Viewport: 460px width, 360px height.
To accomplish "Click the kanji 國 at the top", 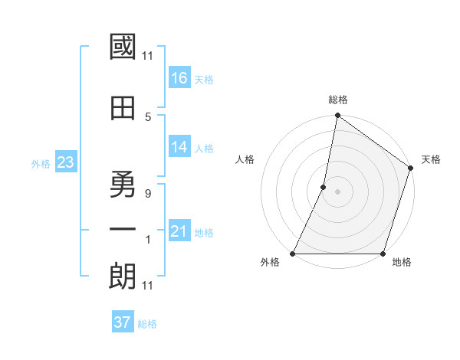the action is tap(123, 47).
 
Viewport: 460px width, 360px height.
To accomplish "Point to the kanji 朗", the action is tap(123, 277).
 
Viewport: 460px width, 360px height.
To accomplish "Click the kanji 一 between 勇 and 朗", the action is tap(123, 230).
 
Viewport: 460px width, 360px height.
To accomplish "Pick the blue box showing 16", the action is tap(179, 78).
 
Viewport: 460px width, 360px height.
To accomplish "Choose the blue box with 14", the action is tap(179, 147).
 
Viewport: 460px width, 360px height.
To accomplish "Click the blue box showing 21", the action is tap(179, 231).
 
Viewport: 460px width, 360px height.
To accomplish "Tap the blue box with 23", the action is tap(65, 162).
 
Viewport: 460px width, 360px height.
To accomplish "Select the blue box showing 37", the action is tap(123, 322).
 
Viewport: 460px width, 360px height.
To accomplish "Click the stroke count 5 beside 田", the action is tap(148, 116).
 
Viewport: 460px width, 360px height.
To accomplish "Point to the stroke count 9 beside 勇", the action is tap(148, 194).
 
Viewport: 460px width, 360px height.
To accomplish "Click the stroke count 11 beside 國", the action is tap(148, 55).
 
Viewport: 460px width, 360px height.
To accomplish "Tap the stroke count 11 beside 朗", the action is tap(148, 286).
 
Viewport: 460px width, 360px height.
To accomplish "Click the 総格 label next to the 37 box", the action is tap(147, 324).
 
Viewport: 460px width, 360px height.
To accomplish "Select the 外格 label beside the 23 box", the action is tap(41, 163).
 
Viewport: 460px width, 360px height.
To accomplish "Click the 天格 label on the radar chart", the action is tap(431, 159).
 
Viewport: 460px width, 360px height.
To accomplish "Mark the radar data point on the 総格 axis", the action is tap(337, 116).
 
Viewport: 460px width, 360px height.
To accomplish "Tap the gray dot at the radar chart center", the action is tap(337, 191).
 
